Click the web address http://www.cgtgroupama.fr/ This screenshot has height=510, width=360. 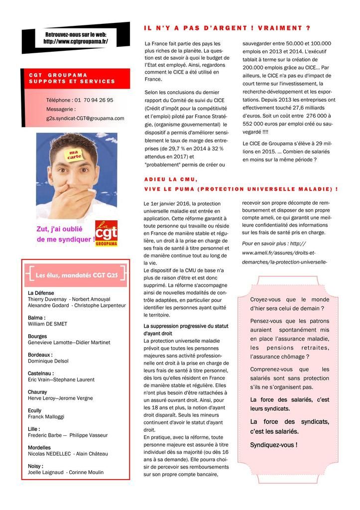point(76,42)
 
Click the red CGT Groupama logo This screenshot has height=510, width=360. point(107,234)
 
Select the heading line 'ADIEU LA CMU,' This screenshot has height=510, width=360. point(171,179)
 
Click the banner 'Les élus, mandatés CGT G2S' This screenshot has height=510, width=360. point(76,273)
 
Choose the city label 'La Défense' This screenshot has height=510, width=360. point(41,293)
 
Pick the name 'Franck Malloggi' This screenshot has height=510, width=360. point(46,416)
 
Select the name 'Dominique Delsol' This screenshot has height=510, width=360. point(48,361)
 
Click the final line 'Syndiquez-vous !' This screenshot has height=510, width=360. point(273,445)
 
